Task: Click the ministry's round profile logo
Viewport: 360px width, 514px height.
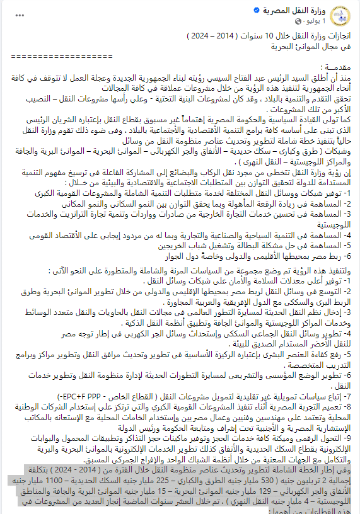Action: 344,16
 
